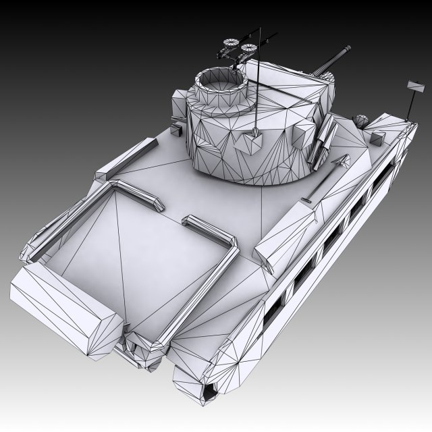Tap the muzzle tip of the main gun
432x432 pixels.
pos(348,47)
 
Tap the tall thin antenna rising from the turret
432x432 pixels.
pos(258,81)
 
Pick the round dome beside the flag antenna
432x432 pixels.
pos(361,122)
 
